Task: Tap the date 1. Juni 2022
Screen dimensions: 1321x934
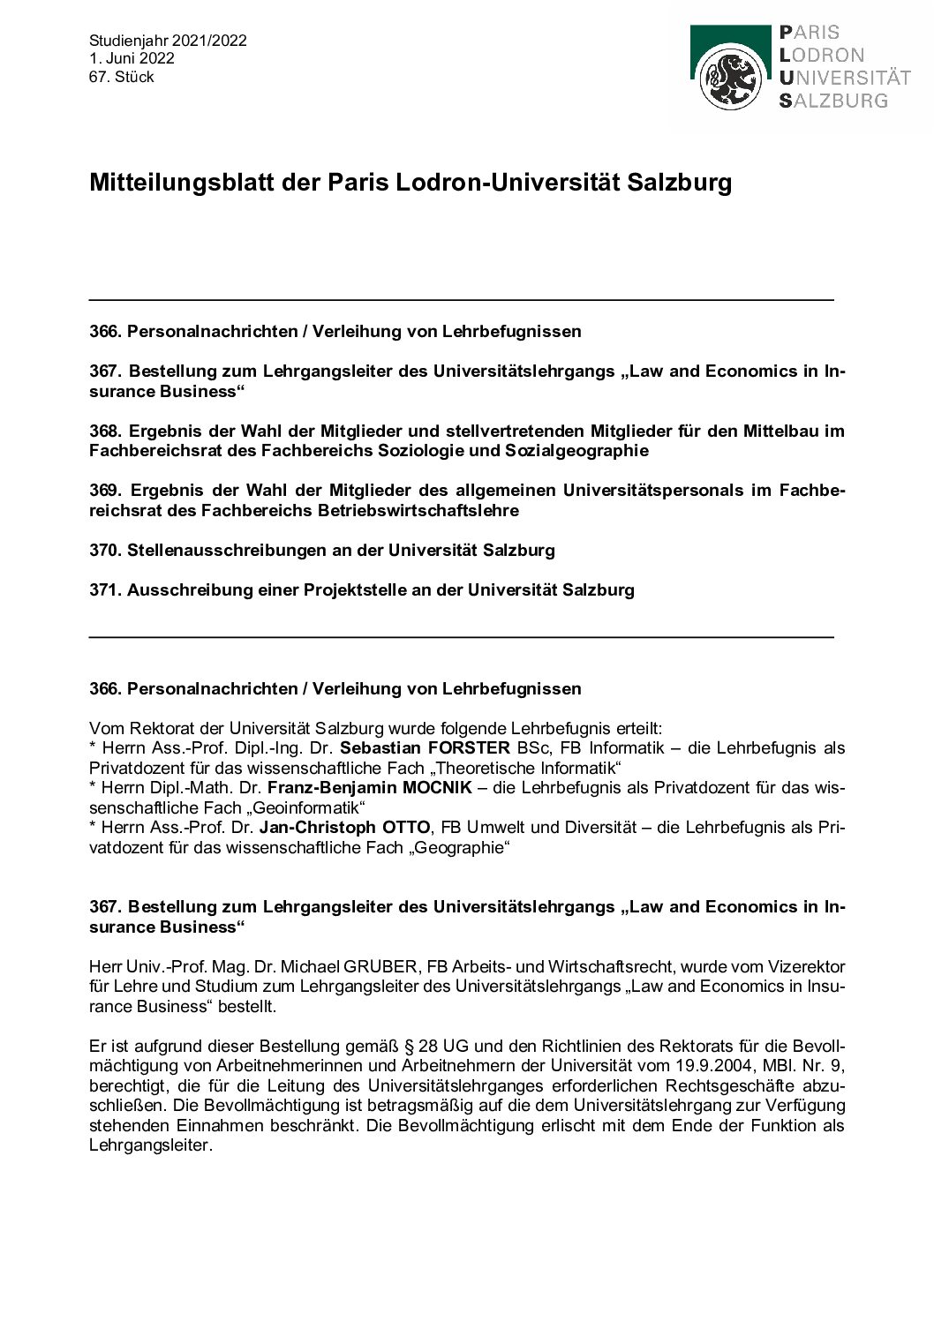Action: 132,58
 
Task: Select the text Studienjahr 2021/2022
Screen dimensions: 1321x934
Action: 168,41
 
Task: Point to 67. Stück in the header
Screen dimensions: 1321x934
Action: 121,77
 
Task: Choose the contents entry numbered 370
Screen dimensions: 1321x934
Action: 322,551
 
